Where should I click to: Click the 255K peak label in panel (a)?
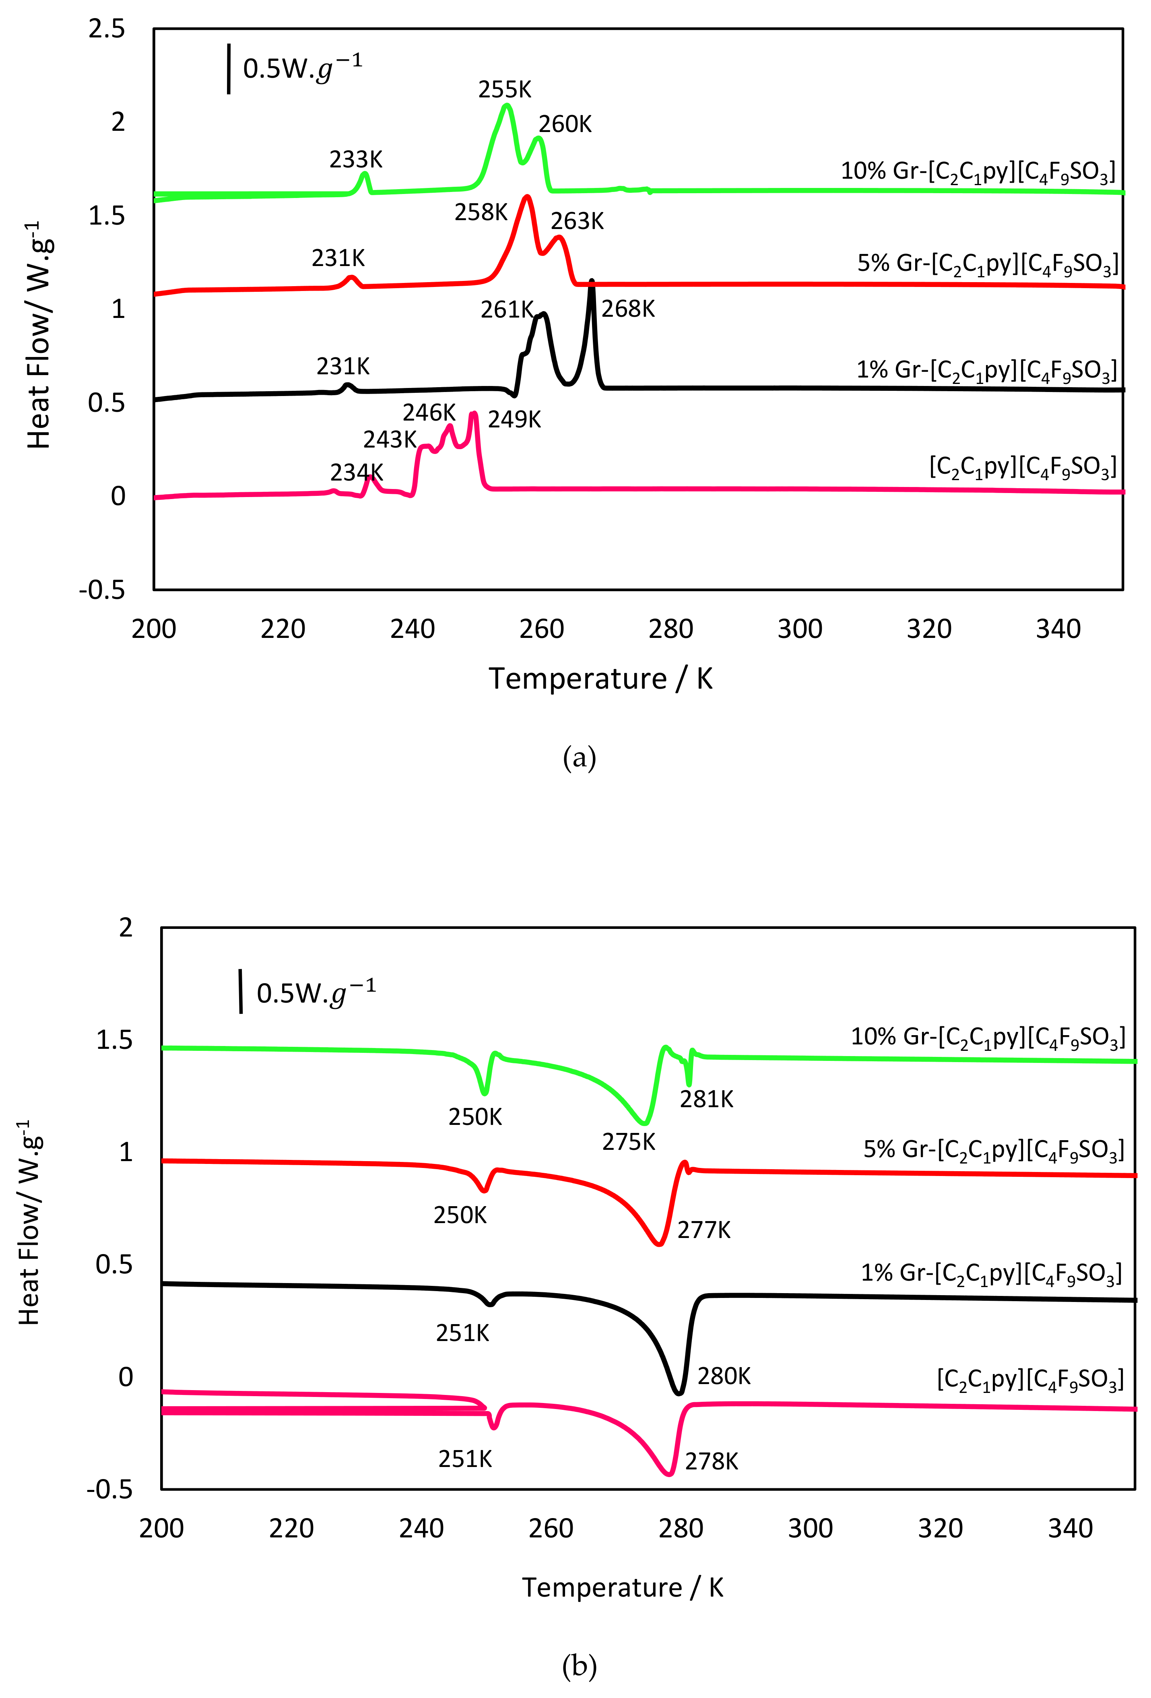click(504, 90)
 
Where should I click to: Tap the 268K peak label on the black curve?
click(628, 309)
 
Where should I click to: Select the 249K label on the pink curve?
click(514, 420)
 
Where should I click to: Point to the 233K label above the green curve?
click(356, 159)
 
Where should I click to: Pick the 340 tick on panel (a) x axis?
click(1058, 629)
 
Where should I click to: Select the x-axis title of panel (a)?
click(600, 679)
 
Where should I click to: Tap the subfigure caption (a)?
click(579, 758)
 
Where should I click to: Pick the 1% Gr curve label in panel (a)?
click(986, 370)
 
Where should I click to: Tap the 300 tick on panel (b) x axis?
click(810, 1529)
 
